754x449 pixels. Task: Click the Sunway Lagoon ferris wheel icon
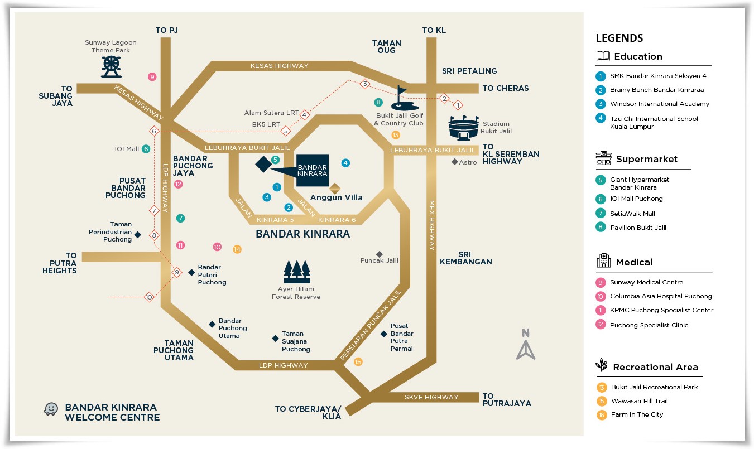pos(111,66)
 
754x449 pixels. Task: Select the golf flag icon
pos(401,98)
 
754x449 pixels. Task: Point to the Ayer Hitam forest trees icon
pos(296,272)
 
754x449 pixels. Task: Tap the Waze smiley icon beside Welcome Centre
pos(51,409)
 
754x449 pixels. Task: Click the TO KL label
pos(434,30)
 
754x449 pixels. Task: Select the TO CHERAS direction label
pos(505,88)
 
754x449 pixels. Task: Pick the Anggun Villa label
pos(336,197)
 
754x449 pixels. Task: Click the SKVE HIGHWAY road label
pos(431,397)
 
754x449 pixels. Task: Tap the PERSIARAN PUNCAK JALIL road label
pos(371,324)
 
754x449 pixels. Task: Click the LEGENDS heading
pos(619,38)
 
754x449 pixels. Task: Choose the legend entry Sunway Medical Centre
pos(646,282)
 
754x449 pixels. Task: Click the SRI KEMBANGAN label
pos(465,258)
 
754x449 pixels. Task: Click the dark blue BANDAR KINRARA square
pos(312,170)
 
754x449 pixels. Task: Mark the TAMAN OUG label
pos(386,47)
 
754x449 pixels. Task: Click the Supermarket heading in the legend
pos(646,160)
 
